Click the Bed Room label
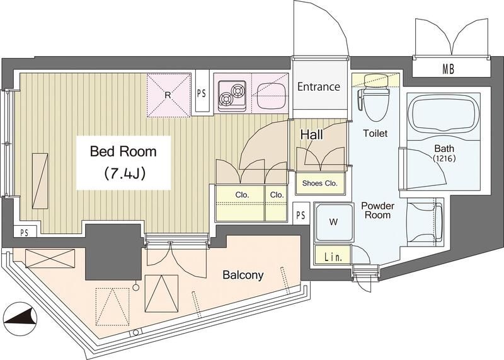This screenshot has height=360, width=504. click(x=123, y=151)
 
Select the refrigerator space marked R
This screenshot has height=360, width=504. click(x=169, y=95)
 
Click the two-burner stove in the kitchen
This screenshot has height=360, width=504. click(x=232, y=96)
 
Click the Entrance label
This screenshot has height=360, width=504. click(x=319, y=86)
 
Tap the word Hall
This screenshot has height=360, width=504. click(x=311, y=134)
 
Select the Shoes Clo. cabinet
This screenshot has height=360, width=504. click(x=320, y=183)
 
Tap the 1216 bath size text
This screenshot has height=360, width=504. click(x=445, y=158)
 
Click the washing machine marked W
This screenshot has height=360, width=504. click(x=334, y=222)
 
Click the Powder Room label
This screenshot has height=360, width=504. click(x=377, y=210)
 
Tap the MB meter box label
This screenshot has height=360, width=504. click(x=449, y=69)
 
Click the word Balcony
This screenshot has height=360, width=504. click(x=243, y=275)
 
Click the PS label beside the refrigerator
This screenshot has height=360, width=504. click(x=202, y=93)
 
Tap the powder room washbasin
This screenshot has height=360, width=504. click(x=425, y=223)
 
